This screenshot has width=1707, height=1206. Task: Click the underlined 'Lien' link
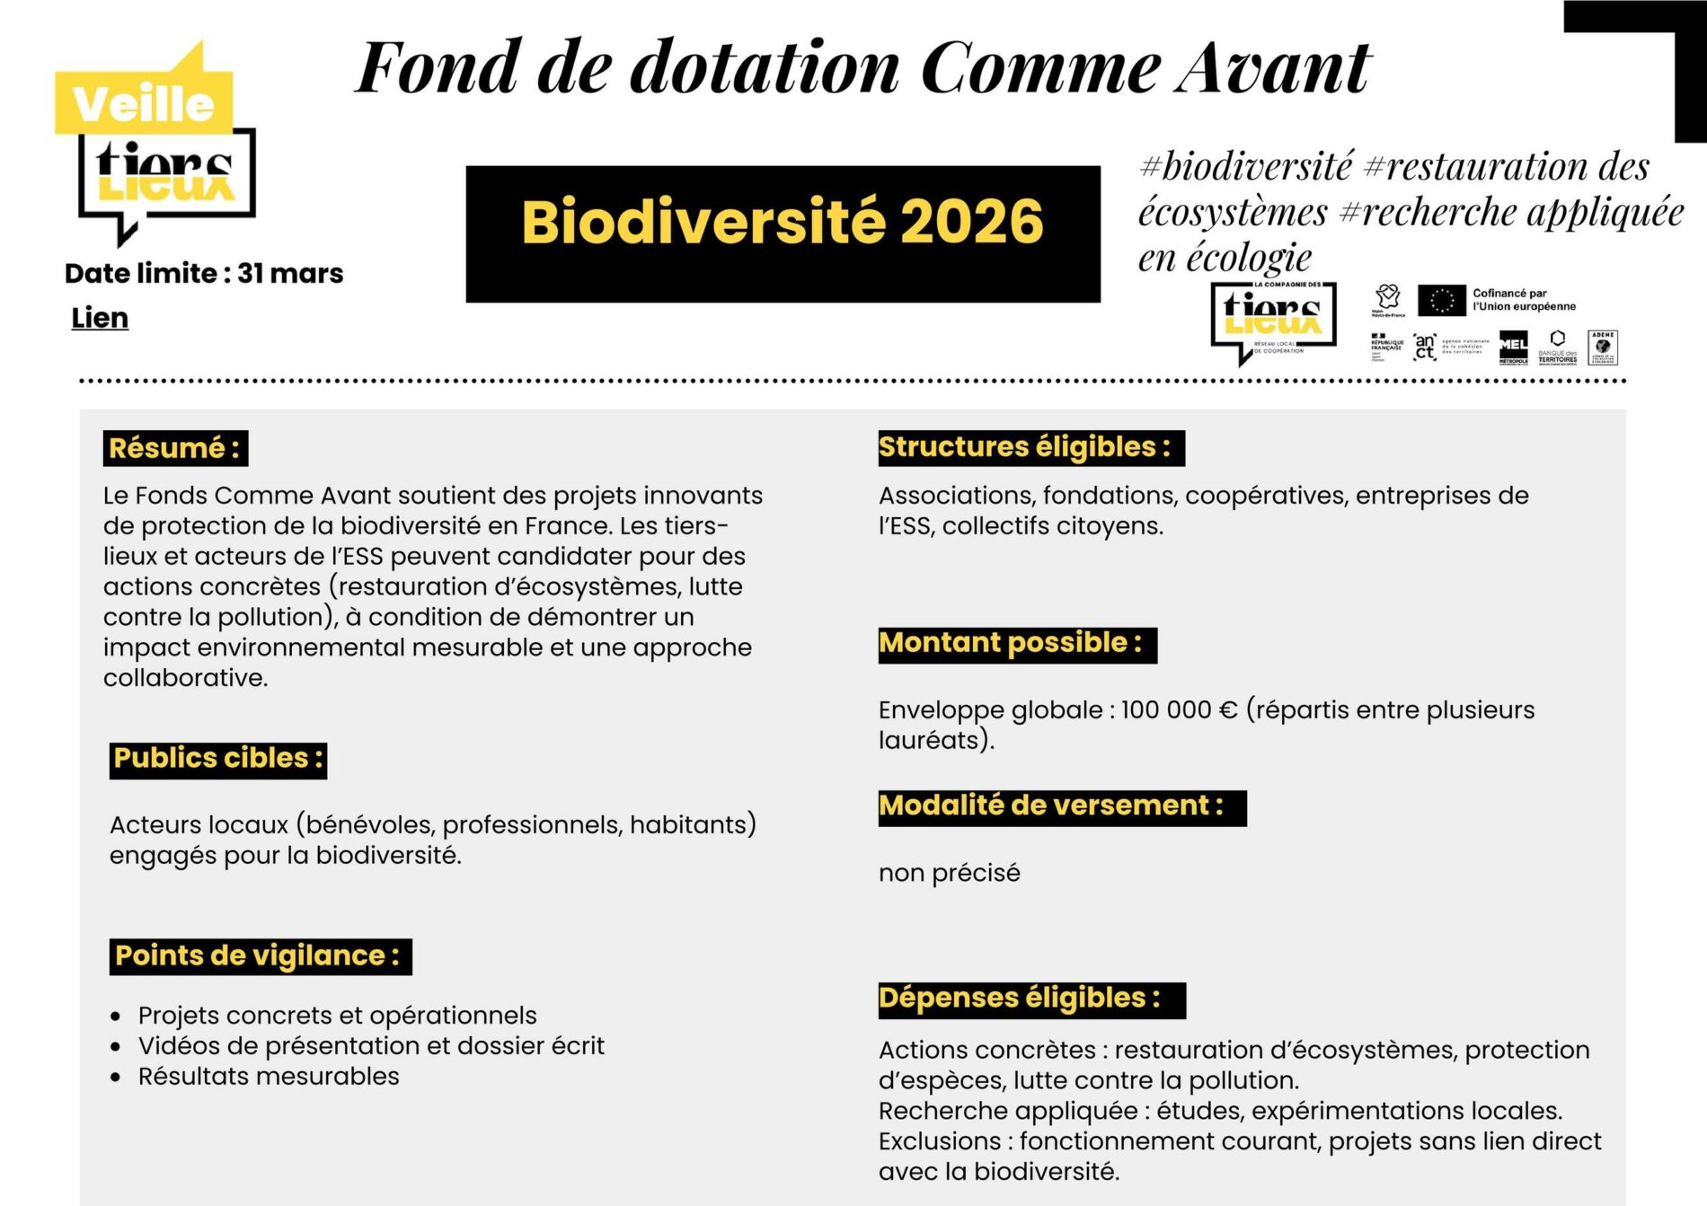point(100,318)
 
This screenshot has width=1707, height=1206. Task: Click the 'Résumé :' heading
point(175,448)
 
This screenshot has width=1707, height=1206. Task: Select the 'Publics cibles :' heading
point(217,759)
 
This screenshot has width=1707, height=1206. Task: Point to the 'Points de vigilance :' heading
point(259,956)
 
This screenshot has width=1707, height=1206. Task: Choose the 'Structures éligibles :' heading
point(1030,447)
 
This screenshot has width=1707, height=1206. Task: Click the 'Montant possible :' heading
point(1017,644)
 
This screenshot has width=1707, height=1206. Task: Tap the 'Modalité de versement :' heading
point(1061,806)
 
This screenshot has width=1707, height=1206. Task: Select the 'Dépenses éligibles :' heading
point(1030,999)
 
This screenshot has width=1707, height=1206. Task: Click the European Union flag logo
point(1441,300)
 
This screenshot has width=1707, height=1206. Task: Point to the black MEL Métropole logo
point(1513,348)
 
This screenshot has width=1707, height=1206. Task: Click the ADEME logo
point(1603,347)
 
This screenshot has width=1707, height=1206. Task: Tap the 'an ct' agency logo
point(1425,347)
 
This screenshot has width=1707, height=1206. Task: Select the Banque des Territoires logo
point(1557,347)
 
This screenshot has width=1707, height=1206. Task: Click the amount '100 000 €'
point(1179,710)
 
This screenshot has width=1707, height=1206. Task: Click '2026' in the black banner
point(971,222)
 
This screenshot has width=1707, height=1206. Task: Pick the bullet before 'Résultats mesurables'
point(115,1077)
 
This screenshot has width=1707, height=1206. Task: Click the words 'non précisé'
point(949,873)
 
